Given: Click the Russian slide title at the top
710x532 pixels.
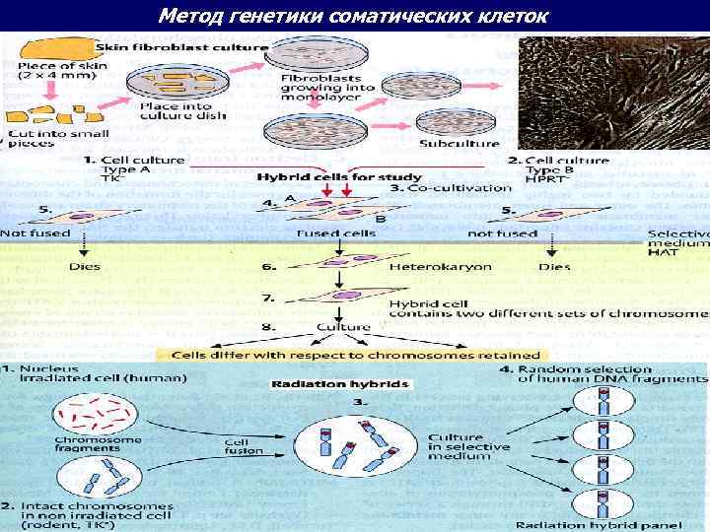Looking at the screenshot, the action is tap(354, 16).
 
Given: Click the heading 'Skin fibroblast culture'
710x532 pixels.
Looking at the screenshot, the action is tap(181, 46).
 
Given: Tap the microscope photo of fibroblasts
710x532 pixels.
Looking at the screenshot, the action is tap(612, 93).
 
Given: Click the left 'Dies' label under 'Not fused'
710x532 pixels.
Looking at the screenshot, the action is tap(85, 266).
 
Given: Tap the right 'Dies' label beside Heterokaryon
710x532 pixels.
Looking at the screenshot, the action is tap(555, 267).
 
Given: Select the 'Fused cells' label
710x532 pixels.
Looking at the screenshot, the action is tap(336, 233).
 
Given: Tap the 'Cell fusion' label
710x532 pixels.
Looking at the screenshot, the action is tap(245, 447).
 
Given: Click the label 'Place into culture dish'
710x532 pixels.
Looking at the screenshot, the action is tap(182, 110).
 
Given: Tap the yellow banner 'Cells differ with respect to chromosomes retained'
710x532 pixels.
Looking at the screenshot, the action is tap(356, 355).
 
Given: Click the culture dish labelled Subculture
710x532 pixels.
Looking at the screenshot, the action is tap(450, 120).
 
